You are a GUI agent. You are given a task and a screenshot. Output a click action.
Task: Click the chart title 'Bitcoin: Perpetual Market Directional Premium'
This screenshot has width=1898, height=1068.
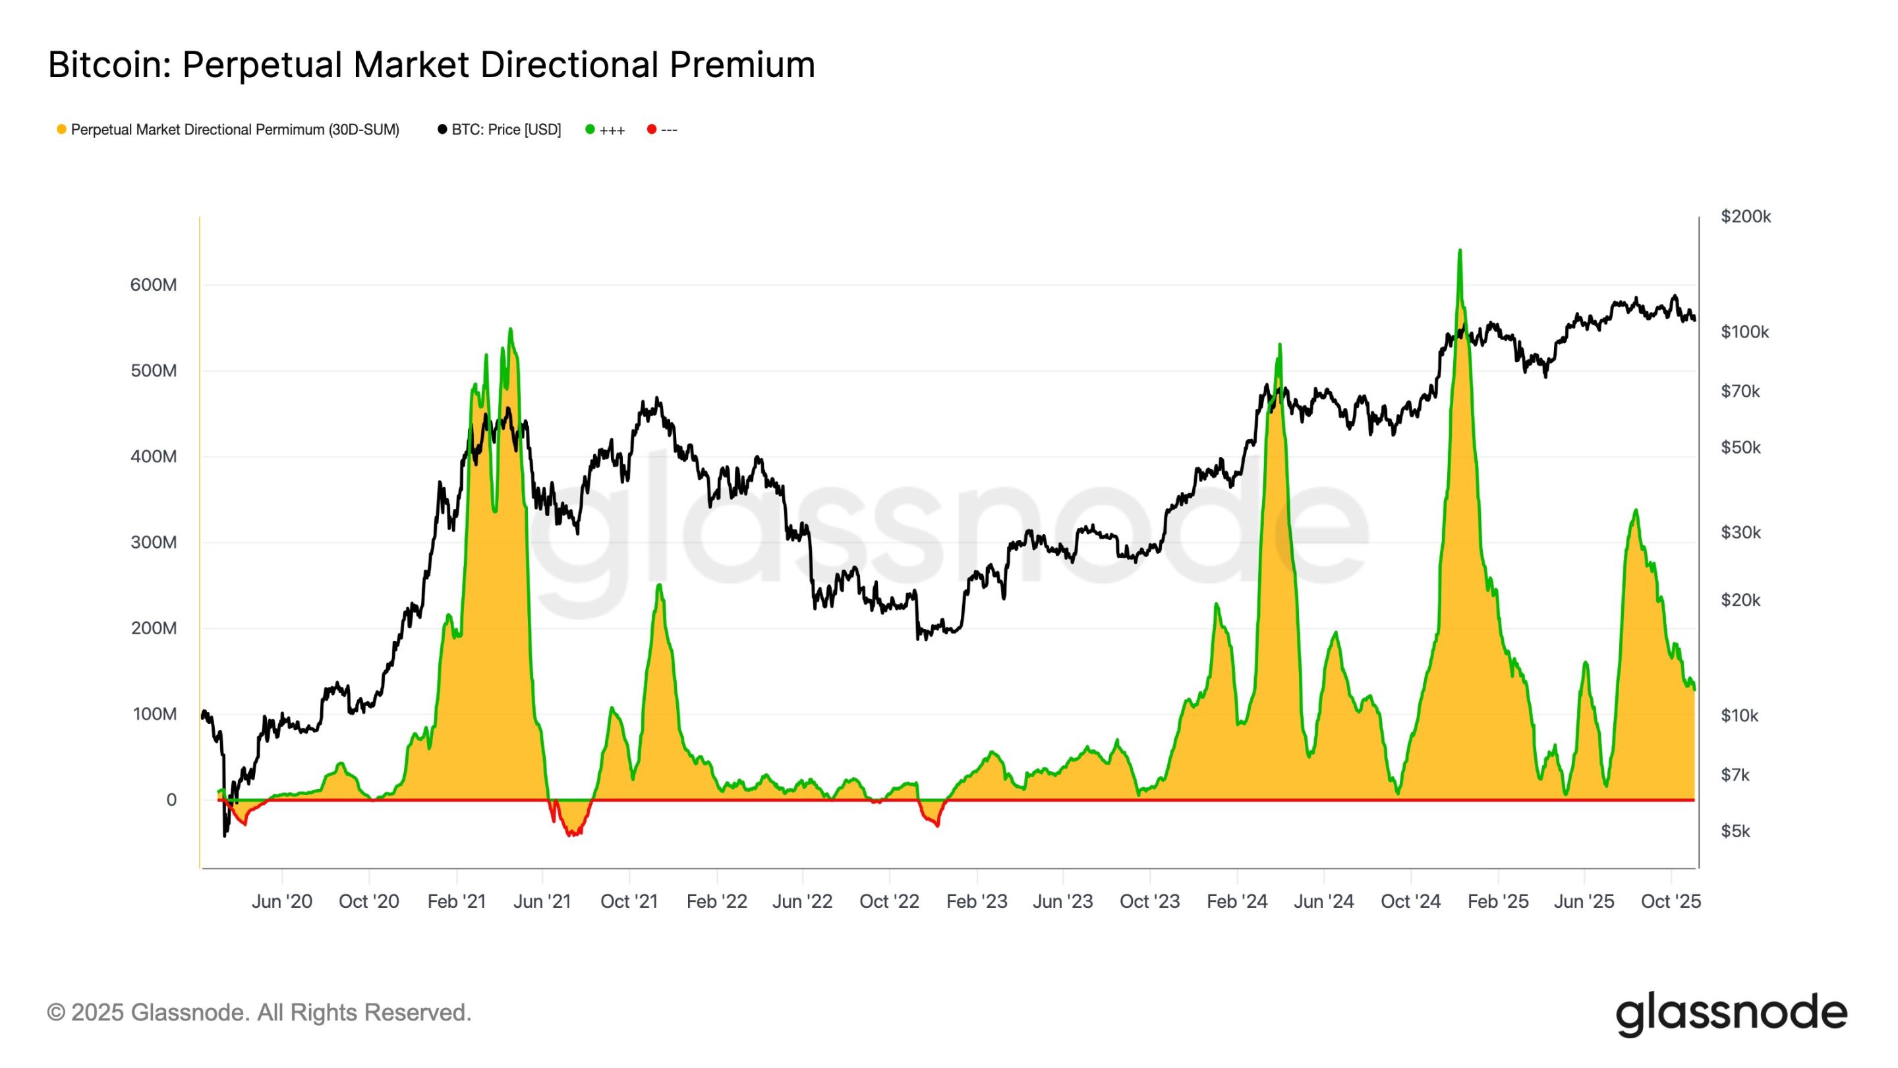pyautogui.click(x=431, y=65)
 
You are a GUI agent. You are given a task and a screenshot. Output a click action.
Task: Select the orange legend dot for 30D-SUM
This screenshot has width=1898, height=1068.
pyautogui.click(x=62, y=130)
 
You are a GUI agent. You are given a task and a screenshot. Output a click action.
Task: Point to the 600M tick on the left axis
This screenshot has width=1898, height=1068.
pyautogui.click(x=154, y=285)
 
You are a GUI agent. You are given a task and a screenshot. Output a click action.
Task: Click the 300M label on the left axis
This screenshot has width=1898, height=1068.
pyautogui.click(x=154, y=543)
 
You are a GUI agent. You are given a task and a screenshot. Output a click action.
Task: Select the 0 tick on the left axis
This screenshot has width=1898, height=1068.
pyautogui.click(x=171, y=800)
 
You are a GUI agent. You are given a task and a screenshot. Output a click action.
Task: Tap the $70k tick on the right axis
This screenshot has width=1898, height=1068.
pyautogui.click(x=1740, y=391)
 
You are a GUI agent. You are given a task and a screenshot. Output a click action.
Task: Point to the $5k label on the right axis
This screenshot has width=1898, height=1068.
pyautogui.click(x=1735, y=831)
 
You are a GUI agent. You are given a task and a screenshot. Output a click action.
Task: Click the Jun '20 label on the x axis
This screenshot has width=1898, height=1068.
pyautogui.click(x=281, y=901)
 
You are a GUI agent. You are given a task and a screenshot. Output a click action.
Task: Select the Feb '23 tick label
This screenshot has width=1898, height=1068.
pyautogui.click(x=976, y=901)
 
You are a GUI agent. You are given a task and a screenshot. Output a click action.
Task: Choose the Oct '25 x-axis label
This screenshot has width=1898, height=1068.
pyautogui.click(x=1671, y=901)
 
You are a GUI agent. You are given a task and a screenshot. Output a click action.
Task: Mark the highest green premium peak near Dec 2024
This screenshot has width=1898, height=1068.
pyautogui.click(x=1460, y=251)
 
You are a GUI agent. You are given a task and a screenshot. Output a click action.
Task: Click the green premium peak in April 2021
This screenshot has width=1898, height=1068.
pyautogui.click(x=511, y=330)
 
